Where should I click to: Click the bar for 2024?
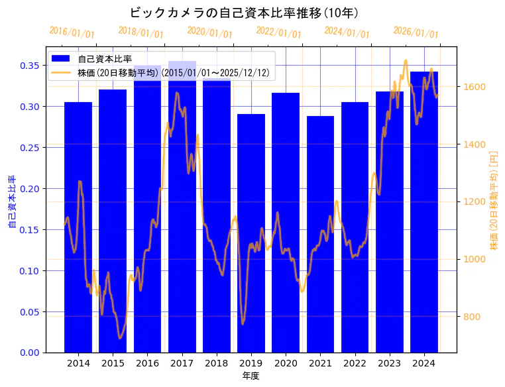click(x=424, y=212)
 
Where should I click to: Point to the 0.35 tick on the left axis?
click(x=30, y=66)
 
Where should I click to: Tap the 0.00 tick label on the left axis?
click(x=30, y=353)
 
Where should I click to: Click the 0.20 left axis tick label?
click(x=30, y=189)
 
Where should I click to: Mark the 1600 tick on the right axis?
click(x=474, y=87)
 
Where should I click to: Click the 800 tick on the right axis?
click(x=471, y=317)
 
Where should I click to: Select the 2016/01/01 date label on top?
click(x=72, y=32)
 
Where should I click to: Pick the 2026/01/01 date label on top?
click(x=416, y=32)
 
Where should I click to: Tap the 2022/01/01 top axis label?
click(x=278, y=32)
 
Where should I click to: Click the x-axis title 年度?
click(x=251, y=376)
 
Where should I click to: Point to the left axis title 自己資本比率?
click(x=12, y=202)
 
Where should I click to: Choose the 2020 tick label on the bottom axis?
click(x=286, y=363)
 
